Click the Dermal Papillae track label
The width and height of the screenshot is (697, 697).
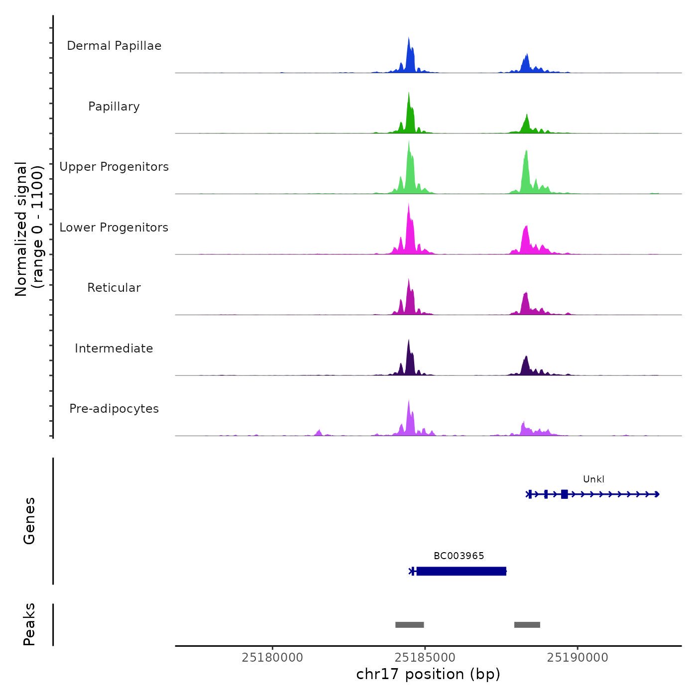pos(114,46)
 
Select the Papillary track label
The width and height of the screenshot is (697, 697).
pos(114,107)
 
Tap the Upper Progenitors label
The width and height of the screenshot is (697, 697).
pos(114,167)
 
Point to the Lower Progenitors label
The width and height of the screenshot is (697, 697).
pos(114,228)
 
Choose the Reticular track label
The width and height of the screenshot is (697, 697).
pos(114,288)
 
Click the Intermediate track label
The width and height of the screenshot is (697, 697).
pos(114,348)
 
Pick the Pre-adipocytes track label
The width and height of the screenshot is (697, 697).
pos(114,409)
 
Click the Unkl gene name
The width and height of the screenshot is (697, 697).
pos(593,479)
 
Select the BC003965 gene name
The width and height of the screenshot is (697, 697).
pos(459,556)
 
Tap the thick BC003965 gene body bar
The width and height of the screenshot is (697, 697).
pos(461,571)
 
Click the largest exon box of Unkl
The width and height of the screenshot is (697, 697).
pos(564,494)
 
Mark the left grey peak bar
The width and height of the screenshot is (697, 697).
pos(409,625)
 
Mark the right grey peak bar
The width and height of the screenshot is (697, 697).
pos(527,625)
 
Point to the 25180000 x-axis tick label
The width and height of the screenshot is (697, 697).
pos(272,658)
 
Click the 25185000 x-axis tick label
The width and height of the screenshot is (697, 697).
pos(425,658)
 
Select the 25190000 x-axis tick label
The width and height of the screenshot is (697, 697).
pos(578,658)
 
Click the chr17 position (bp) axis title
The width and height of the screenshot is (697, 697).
pos(428,675)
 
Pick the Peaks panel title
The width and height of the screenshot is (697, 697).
pos(29,624)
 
